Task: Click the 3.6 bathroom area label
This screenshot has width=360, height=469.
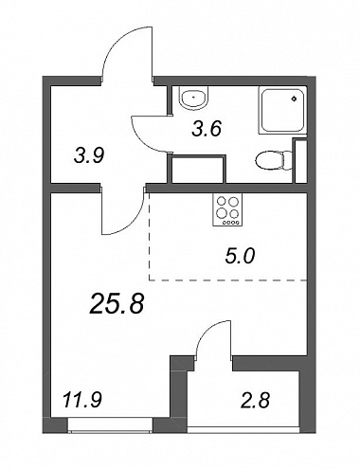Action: coord(207,129)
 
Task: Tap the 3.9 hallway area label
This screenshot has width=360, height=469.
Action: coord(89,155)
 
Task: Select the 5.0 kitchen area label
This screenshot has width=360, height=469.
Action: coord(240,257)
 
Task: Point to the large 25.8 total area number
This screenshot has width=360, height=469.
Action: coord(117,303)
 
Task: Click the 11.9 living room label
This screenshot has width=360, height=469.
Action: coord(82,400)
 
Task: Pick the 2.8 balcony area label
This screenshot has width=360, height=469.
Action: coord(255,401)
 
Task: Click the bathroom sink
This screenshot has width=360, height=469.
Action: coord(193,98)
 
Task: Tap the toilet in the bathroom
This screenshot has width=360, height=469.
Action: coord(274,161)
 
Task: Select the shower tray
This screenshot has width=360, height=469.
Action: coord(282,111)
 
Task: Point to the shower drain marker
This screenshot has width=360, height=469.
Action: coord(295,99)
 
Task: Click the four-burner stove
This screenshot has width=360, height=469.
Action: coord(227,209)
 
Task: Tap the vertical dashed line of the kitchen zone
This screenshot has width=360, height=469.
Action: coord(149,236)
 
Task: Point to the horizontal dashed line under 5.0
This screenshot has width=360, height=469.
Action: coord(227,280)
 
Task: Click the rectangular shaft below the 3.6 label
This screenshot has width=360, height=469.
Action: coord(198,169)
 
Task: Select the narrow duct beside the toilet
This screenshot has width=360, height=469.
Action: coord(300,161)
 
